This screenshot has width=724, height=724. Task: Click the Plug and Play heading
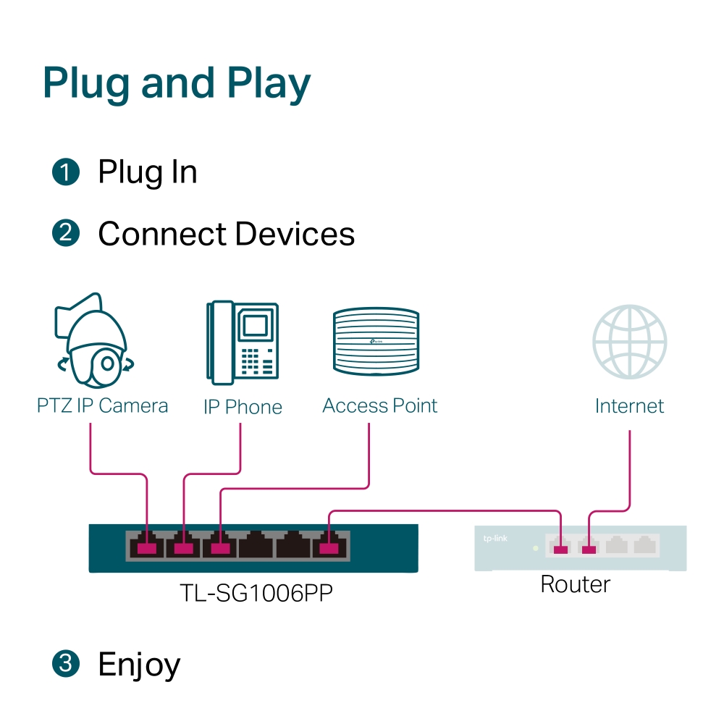(177, 83)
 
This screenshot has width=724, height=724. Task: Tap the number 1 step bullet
(65, 172)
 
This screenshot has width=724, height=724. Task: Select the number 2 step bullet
(65, 234)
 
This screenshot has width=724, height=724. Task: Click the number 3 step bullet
(65, 664)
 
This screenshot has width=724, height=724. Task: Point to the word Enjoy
(139, 665)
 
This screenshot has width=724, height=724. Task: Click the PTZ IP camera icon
(94, 340)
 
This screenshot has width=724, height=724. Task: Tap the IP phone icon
(242, 342)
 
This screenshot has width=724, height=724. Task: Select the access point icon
(376, 342)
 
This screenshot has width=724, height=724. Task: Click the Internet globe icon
(629, 341)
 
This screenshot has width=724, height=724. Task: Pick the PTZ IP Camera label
(102, 405)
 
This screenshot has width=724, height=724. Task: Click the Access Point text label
(379, 405)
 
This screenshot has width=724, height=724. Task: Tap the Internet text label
(629, 406)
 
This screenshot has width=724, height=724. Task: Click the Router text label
(575, 584)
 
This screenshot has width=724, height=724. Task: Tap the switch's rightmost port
(330, 545)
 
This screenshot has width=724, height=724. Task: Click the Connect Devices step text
(226, 234)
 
